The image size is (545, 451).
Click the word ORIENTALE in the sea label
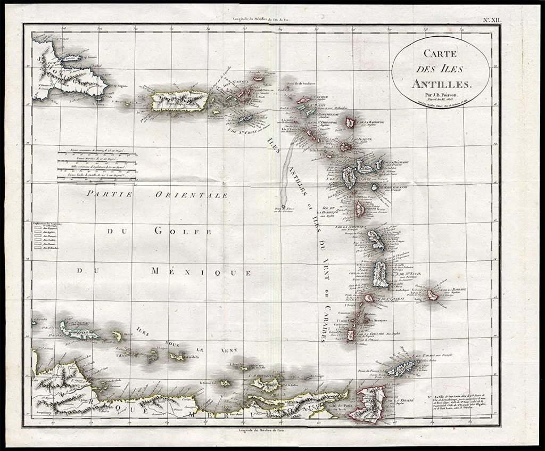pos(191,195)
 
